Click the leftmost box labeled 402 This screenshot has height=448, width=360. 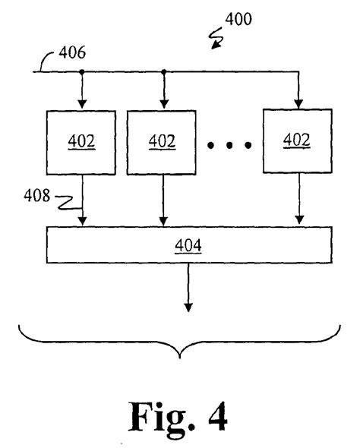(x=81, y=142)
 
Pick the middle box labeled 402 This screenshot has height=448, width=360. (x=163, y=142)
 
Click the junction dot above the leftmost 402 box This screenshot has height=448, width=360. (x=81, y=72)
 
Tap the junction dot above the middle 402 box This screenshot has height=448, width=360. (x=163, y=72)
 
